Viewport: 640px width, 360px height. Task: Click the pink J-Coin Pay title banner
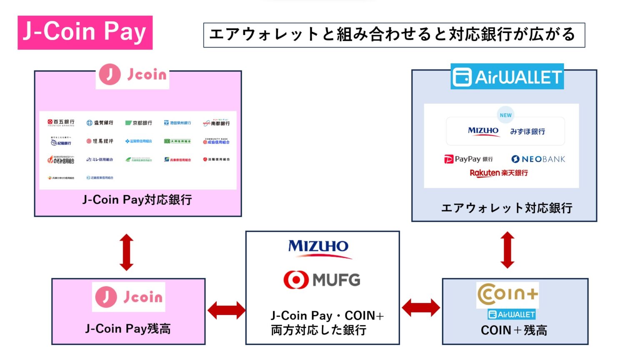85,32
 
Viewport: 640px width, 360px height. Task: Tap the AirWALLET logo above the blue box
507,77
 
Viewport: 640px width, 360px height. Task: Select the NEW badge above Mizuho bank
505,115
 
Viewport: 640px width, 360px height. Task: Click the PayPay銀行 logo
468,159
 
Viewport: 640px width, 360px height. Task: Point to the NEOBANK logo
538,159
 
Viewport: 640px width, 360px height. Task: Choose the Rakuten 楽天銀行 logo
499,173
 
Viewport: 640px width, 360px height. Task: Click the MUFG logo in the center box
322,280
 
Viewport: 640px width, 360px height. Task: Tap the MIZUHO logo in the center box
319,247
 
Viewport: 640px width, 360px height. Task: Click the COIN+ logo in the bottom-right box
507,294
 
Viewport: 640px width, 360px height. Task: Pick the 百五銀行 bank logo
61,122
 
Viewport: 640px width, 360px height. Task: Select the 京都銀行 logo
139,123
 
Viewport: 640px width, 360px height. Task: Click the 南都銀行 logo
216,123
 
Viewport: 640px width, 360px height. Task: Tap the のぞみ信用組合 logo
61,160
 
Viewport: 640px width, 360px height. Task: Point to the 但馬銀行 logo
100,141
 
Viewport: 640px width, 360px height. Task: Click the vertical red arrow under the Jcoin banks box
127,252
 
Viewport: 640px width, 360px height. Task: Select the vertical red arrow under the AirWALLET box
507,250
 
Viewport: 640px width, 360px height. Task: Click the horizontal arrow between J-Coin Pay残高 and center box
226,310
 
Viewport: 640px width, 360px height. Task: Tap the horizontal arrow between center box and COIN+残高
421,308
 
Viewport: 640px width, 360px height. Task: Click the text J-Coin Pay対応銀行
137,200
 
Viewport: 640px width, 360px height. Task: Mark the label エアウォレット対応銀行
507,208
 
